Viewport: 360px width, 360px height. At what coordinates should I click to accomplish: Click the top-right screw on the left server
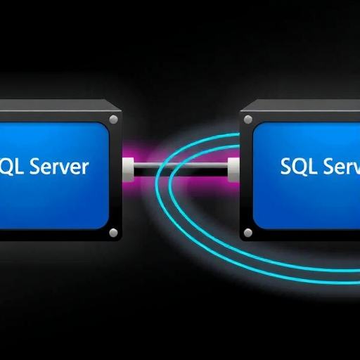[114, 120]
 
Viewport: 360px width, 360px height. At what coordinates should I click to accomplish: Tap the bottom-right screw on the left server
[114, 233]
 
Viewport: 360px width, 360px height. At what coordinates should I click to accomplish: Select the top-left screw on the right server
[248, 120]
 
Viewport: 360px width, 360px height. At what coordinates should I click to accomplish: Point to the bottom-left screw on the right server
[248, 233]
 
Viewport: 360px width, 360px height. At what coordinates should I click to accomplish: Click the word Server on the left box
[60, 166]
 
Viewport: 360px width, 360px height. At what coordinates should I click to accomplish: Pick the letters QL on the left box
[12, 167]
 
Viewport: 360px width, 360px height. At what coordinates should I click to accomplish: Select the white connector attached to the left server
[128, 169]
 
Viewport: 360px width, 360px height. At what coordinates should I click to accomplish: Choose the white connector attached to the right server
[233, 169]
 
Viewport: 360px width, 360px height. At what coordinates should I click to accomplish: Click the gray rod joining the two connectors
[181, 166]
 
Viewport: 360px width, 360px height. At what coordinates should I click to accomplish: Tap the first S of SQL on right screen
[285, 166]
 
